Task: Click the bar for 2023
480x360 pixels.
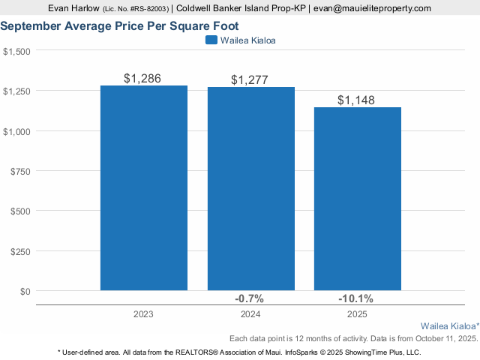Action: coord(144,187)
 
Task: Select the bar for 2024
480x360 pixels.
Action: coord(251,189)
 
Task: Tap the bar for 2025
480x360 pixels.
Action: coord(358,199)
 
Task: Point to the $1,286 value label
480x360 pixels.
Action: coord(142,78)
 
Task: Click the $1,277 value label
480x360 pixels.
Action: coord(250,80)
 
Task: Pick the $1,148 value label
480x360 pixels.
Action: coord(356,100)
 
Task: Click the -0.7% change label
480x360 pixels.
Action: coord(250,299)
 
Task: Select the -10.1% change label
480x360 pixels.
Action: coord(357,299)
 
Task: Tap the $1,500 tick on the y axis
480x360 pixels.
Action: coord(16,51)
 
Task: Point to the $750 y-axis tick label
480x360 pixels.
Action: coord(20,171)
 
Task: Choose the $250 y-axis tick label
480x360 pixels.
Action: coord(20,251)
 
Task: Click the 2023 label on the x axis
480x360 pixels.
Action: coord(143,314)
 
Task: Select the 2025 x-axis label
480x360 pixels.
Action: coord(357,314)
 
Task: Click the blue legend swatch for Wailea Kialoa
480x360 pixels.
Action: coord(211,40)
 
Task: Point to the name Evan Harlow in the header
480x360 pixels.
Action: coord(73,8)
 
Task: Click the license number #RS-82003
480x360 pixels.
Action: coord(145,9)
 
